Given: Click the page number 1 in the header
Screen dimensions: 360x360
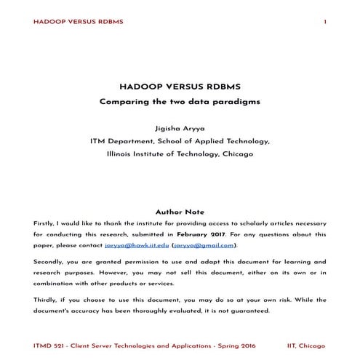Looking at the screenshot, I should [324, 22].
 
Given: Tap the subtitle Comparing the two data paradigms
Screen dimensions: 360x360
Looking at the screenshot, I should [179, 101].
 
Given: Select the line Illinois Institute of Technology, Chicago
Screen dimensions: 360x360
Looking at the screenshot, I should [179, 154].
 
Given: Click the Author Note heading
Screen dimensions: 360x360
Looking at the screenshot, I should [179, 212].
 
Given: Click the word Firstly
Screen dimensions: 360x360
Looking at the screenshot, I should [45, 223].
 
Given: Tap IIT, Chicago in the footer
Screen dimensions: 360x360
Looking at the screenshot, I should [306, 343].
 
